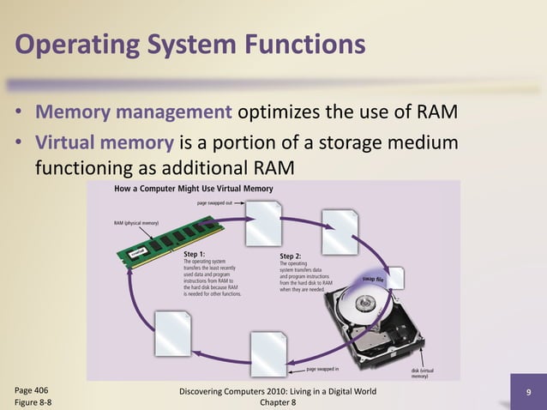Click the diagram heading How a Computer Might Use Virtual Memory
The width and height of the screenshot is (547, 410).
pos(194,189)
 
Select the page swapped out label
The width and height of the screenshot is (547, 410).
pos(219,203)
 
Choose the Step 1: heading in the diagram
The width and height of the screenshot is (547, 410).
pos(195,255)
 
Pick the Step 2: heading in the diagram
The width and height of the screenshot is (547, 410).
pos(291,256)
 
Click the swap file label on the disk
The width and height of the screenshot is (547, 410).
pos(372,280)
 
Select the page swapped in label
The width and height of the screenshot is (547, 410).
pos(322,369)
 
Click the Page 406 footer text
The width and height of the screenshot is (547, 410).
pos(32,389)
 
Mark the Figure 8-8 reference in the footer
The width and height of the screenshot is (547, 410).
pos(33,401)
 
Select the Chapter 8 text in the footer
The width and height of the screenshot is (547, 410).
pos(276,401)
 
